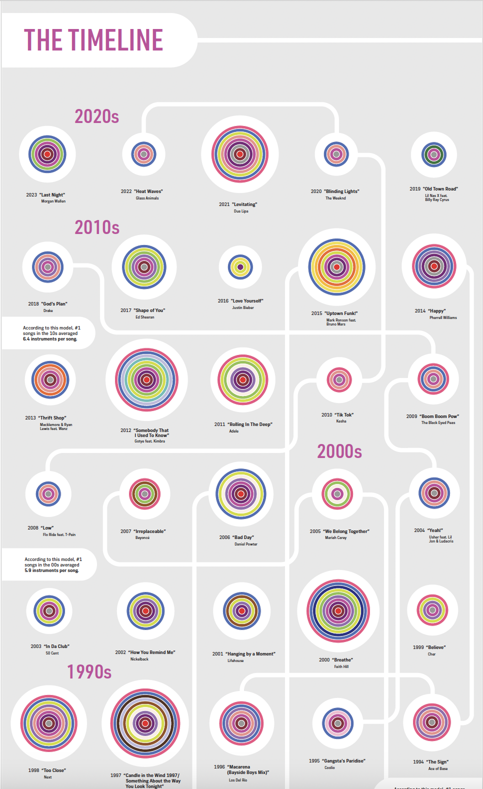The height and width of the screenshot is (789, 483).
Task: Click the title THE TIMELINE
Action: click(93, 40)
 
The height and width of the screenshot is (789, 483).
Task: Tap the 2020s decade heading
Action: click(97, 116)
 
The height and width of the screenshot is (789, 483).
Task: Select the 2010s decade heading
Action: click(97, 227)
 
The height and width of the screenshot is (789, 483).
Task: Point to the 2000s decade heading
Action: click(339, 451)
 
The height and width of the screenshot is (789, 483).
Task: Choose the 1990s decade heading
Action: click(89, 671)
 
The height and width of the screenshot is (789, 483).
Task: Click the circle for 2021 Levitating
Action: click(240, 154)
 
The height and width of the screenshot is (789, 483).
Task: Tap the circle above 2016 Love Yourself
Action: click(240, 267)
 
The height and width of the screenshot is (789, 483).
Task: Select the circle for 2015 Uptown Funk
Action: click(336, 267)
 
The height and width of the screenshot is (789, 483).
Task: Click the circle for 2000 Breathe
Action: click(338, 610)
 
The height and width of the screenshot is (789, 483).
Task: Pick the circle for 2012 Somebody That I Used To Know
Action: click(146, 379)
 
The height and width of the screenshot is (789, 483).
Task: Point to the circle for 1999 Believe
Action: click(432, 609)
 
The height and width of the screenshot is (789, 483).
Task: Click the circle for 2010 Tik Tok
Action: click(339, 380)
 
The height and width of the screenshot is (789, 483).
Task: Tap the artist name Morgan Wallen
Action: click(53, 201)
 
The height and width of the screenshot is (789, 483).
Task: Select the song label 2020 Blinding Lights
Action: click(335, 191)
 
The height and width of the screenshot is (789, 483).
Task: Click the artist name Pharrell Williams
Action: click(443, 317)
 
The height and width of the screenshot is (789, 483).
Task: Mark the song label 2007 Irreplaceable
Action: click(143, 531)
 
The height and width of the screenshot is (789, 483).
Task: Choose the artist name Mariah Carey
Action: click(335, 538)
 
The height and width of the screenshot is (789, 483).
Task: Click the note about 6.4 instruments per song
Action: click(50, 333)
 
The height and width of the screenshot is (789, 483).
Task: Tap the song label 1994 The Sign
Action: click(431, 762)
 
